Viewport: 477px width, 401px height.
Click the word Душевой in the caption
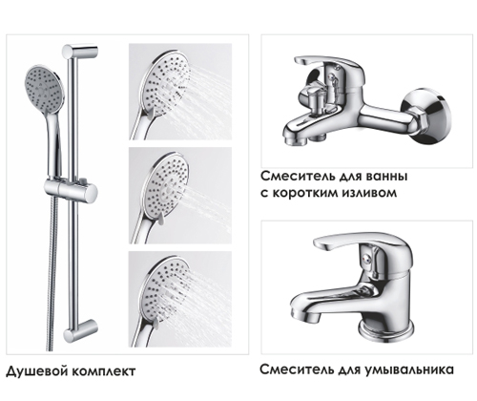(x=37, y=370)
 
